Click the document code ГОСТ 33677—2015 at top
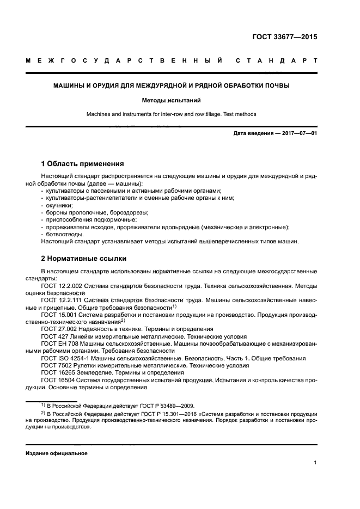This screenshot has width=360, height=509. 284,38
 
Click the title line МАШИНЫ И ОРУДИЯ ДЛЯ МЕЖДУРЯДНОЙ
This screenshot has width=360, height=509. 171,85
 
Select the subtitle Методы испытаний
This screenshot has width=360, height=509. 171,101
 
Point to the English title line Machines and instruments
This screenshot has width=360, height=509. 171,114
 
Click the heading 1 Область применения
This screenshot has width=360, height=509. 83,163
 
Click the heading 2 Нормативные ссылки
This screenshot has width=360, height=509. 84,258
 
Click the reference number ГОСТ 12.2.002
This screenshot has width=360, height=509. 62,284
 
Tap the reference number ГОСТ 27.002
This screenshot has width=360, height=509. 59,329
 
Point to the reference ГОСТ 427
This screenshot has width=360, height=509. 54,336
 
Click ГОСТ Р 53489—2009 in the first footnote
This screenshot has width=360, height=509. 166,406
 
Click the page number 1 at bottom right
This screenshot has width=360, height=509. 315,463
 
